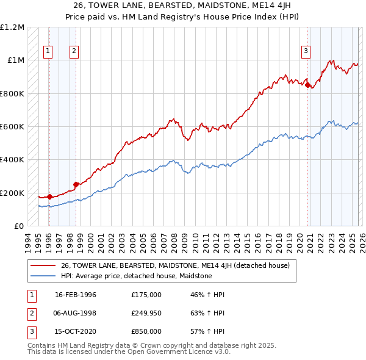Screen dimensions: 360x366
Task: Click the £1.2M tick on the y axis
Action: coord(12,27)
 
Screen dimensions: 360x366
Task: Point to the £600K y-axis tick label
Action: coord(12,127)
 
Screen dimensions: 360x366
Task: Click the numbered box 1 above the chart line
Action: coord(48,52)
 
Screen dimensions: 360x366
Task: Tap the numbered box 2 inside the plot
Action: coord(74,52)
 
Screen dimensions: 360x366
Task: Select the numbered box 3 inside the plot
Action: coord(306,52)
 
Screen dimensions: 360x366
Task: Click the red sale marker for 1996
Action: coord(49,196)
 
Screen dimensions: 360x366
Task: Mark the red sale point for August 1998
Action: coord(76,184)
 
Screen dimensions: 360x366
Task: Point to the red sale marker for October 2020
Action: coord(307,85)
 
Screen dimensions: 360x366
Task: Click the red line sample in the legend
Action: coord(43,265)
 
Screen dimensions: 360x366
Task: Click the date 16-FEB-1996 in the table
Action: coord(76,295)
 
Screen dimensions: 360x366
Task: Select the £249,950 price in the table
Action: coord(146,313)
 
